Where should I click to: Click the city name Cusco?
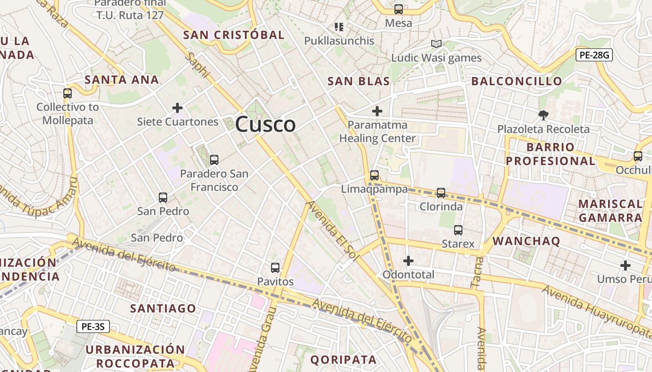click(265, 125)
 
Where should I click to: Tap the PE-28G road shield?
click(594, 55)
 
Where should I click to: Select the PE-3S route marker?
click(93, 326)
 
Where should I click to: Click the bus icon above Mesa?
click(399, 9)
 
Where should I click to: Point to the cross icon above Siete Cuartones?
click(177, 108)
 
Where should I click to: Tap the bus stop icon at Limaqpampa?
click(374, 175)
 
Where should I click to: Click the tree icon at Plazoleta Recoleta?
click(543, 115)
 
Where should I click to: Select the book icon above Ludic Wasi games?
click(436, 44)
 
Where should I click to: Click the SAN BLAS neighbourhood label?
click(359, 81)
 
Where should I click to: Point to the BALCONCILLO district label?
click(517, 81)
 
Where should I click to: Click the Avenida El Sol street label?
click(331, 231)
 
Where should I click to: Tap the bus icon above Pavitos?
click(275, 268)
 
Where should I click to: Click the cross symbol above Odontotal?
click(408, 261)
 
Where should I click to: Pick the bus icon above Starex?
click(458, 230)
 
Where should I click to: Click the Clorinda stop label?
click(441, 206)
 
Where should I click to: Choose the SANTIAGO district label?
click(163, 308)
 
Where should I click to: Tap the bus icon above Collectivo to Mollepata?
click(68, 93)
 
